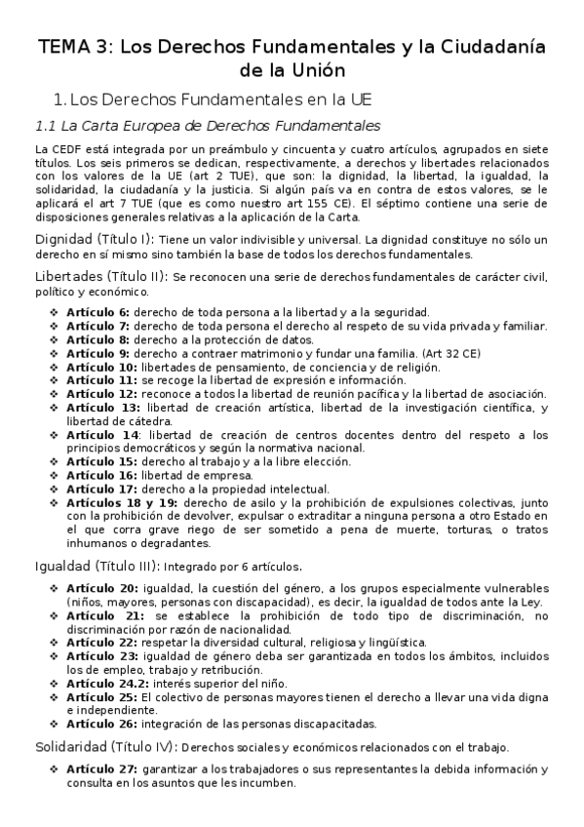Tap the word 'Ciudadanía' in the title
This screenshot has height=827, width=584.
(483, 47)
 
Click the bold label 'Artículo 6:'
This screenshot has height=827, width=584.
(97, 311)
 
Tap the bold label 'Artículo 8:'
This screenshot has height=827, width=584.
(97, 338)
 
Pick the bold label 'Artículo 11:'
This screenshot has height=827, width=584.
(101, 379)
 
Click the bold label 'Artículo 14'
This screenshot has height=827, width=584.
(100, 434)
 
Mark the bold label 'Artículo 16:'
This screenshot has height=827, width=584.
(101, 475)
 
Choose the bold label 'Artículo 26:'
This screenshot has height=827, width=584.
(101, 724)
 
